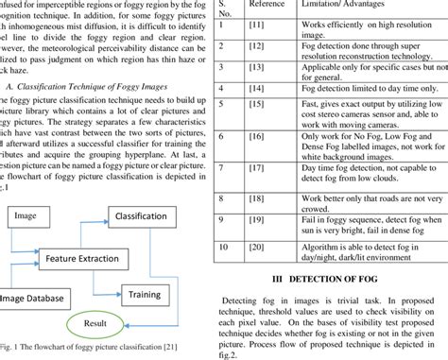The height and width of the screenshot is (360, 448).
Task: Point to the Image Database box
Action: tap(33, 299)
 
